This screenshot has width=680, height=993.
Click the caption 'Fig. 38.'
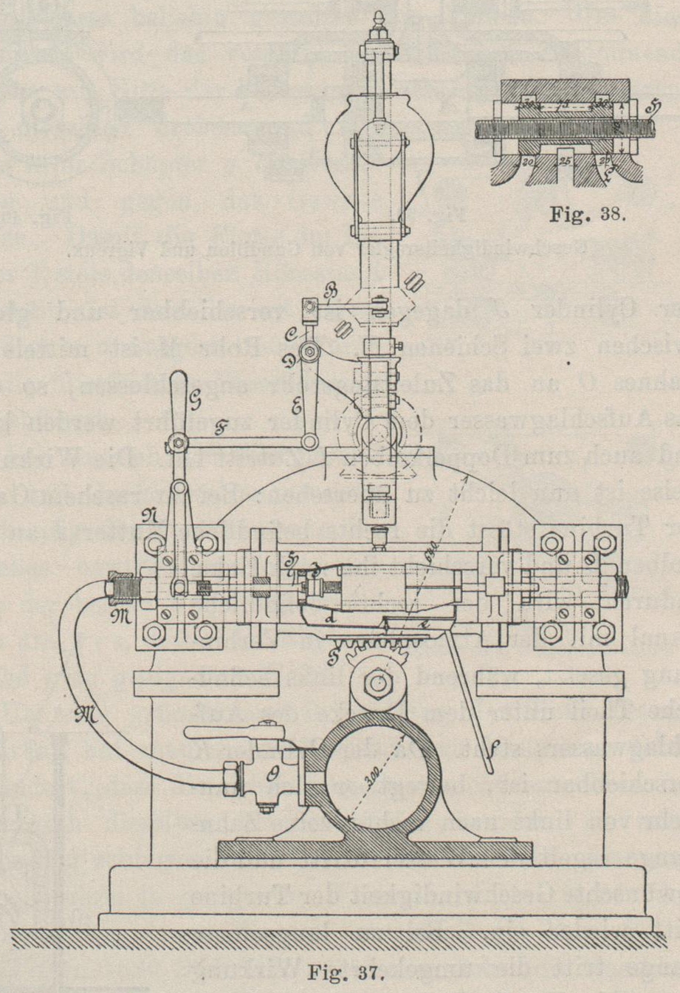[x=588, y=216]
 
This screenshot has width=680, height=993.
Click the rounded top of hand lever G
[x=178, y=378]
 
